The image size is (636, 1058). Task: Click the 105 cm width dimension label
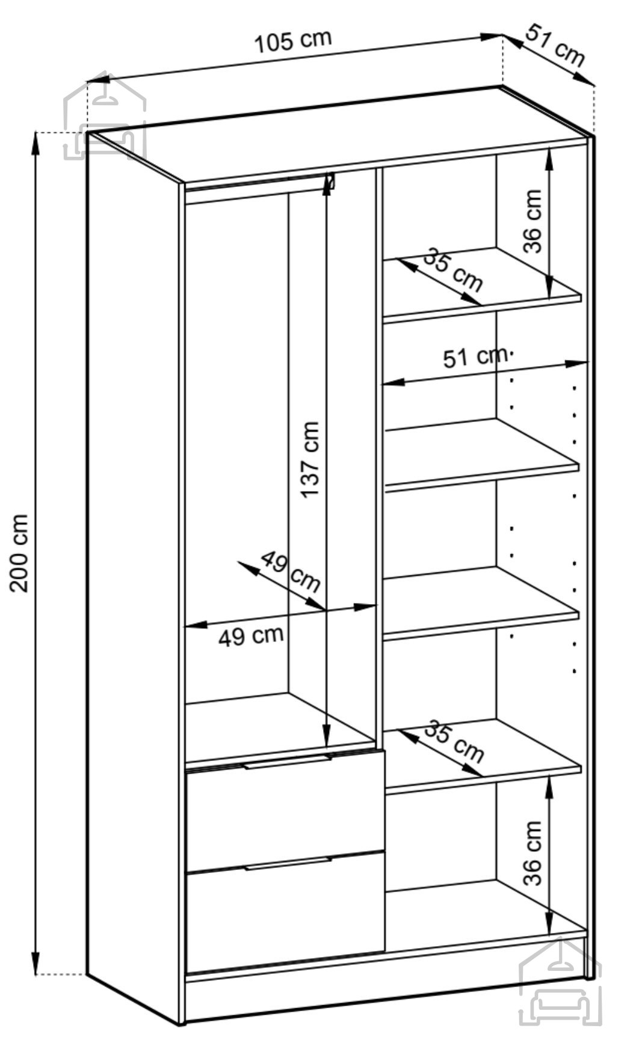pos(293,41)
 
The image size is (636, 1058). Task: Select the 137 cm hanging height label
pos(310,459)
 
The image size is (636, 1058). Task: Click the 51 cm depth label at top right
pos(555,46)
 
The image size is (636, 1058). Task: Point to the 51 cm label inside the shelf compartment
pos(475,357)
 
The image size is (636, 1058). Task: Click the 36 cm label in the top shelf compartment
pos(533,221)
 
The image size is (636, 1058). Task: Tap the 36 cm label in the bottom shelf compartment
pos(533,852)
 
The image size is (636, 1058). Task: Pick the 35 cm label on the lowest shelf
pos(453,740)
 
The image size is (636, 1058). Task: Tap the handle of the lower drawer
pos(287,864)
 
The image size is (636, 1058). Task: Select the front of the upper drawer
pos(285,809)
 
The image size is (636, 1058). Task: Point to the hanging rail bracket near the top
pos(330,183)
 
